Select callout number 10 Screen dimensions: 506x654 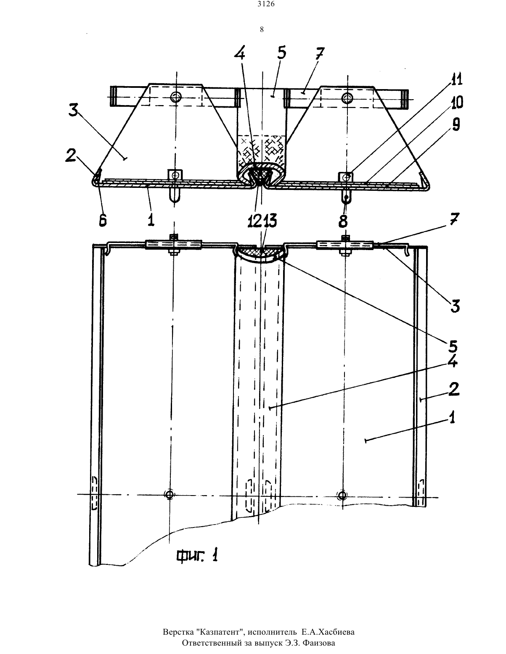456,102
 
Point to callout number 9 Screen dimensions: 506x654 456,124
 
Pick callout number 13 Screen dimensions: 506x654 270,221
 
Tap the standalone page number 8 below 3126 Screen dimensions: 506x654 262,29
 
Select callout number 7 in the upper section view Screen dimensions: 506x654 320,55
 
